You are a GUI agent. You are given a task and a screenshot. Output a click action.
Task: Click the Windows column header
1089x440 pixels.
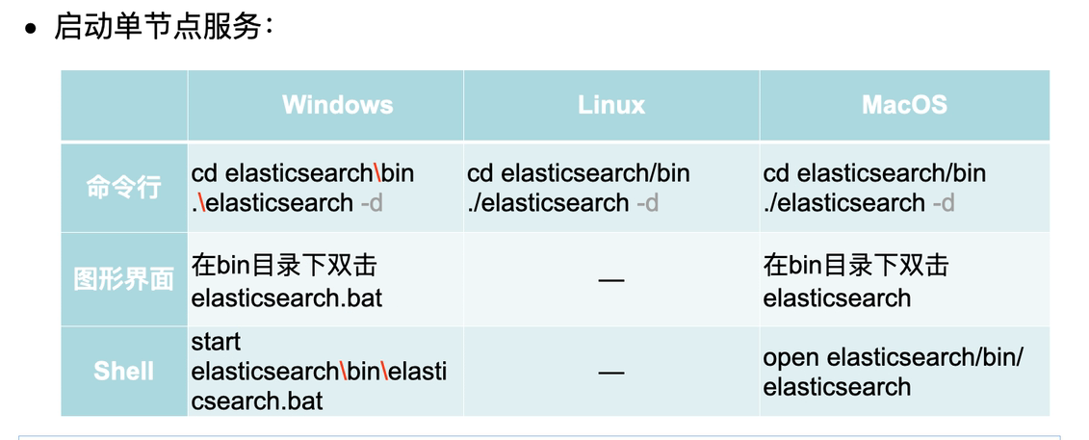[337, 105]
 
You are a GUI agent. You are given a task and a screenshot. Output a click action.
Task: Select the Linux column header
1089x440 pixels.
[611, 105]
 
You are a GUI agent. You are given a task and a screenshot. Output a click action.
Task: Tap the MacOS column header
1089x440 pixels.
[904, 105]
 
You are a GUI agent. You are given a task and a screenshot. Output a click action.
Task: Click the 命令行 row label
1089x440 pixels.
[123, 187]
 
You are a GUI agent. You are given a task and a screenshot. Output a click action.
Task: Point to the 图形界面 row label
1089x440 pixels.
[123, 279]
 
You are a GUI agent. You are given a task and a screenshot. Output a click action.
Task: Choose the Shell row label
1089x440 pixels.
[123, 371]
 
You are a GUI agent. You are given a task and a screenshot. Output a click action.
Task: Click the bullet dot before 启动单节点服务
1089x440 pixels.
[33, 29]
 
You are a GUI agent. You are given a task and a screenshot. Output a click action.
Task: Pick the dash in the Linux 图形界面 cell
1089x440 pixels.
[611, 280]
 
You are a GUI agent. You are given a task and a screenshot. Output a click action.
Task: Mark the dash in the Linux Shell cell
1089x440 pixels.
[611, 372]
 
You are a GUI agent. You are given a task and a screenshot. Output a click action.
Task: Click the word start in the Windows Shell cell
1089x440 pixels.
[217, 342]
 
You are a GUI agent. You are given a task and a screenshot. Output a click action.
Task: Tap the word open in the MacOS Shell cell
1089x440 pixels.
[791, 357]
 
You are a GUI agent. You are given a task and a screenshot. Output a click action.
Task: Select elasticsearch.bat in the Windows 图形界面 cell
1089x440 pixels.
[287, 298]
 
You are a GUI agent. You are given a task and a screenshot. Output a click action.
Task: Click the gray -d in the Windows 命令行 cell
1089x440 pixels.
[372, 203]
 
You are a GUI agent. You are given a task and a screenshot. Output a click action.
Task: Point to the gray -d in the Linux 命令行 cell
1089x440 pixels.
[647, 203]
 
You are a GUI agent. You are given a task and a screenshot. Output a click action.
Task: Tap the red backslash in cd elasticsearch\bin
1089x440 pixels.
[377, 173]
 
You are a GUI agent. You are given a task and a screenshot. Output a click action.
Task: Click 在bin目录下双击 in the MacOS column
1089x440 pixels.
[855, 265]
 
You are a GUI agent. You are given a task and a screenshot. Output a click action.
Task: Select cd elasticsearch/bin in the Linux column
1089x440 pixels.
[579, 173]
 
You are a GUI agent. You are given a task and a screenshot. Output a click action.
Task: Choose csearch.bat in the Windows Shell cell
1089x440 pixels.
[257, 401]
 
